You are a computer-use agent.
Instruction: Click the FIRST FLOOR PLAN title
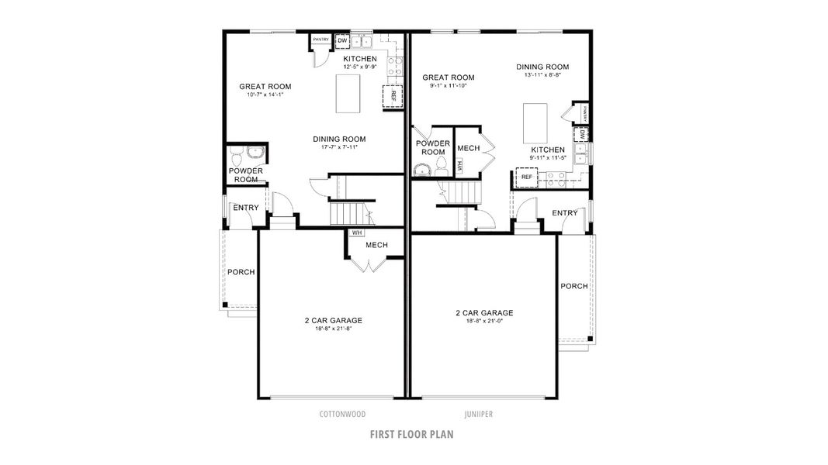pos(411,434)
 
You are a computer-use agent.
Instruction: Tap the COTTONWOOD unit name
pos(342,415)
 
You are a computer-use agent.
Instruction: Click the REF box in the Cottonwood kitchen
pos(393,96)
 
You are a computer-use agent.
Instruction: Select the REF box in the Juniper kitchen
pos(527,177)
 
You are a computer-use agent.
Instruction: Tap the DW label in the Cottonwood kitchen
pos(341,40)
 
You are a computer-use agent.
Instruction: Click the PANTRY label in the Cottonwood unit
pos(320,39)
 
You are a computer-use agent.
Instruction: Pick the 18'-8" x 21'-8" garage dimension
pos(333,329)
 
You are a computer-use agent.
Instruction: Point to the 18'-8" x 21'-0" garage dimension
pos(485,322)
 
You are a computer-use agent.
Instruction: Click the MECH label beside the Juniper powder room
pos(468,148)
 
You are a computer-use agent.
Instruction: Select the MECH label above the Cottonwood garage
pos(376,245)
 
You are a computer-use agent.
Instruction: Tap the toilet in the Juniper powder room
pos(439,166)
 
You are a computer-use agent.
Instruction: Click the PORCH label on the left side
pos(241,272)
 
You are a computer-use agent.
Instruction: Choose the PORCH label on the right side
pos(574,286)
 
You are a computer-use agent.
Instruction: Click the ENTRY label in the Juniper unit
pos(565,213)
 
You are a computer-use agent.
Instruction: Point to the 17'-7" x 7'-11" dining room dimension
pos(339,147)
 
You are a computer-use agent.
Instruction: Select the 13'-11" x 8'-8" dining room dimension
pos(542,75)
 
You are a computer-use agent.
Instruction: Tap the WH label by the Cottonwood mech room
pos(357,232)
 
